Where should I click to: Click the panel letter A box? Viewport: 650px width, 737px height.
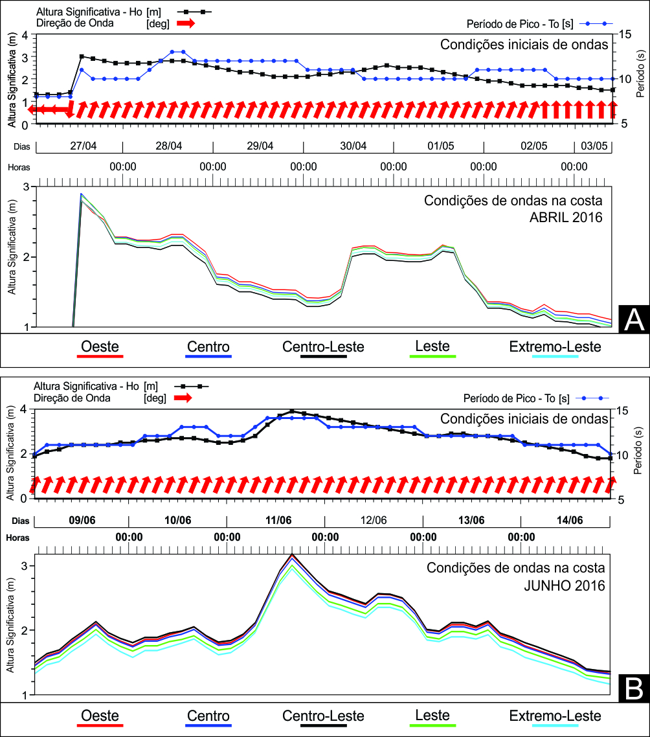click(x=634, y=320)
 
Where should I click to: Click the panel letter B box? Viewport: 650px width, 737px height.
click(x=634, y=688)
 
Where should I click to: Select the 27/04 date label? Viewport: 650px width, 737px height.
click(x=83, y=146)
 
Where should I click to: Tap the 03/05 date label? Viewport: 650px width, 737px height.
click(x=594, y=146)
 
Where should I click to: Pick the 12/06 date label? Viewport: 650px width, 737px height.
click(x=374, y=520)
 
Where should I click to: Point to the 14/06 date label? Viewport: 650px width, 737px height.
click(x=570, y=520)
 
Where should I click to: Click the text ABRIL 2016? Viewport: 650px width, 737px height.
click(x=566, y=217)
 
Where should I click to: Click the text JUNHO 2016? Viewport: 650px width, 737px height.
click(x=565, y=585)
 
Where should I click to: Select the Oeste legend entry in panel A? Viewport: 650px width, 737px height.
click(x=100, y=348)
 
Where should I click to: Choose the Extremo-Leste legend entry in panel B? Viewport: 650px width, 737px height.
click(x=555, y=718)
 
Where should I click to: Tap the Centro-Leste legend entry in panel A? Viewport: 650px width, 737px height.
click(x=323, y=348)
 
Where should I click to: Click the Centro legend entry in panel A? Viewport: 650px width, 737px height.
click(x=208, y=348)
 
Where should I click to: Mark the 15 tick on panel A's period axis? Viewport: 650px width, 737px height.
click(x=625, y=34)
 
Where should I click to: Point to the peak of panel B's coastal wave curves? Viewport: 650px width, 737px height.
click(x=292, y=555)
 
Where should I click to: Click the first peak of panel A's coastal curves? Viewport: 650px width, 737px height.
click(x=82, y=194)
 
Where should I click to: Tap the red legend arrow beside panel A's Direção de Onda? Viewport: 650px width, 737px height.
click(x=186, y=23)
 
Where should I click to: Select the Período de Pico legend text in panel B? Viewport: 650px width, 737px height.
click(x=517, y=398)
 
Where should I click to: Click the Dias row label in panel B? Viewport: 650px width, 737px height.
click(x=21, y=521)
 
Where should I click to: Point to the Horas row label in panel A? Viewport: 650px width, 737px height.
click(x=19, y=167)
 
